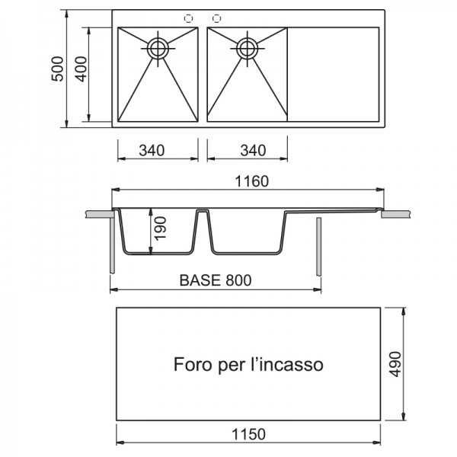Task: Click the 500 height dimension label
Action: pos(57,69)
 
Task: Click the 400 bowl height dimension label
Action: pos(81,69)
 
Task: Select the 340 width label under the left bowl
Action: pos(152,150)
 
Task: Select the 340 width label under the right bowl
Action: pos(253,150)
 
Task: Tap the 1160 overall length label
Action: pos(252,181)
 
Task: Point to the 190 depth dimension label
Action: pos(160,228)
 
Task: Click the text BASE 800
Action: pos(216,280)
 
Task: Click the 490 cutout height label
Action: pos(395,364)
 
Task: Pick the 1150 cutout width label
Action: pos(248,434)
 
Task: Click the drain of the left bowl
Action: pos(158,49)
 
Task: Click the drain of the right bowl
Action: pos(247,49)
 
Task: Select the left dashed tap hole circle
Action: pos(189,18)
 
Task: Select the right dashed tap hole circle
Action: pos(216,18)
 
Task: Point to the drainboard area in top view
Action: pos(333,75)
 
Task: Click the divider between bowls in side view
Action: pos(203,230)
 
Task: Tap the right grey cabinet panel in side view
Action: pos(319,247)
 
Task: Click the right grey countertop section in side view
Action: pos(396,214)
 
